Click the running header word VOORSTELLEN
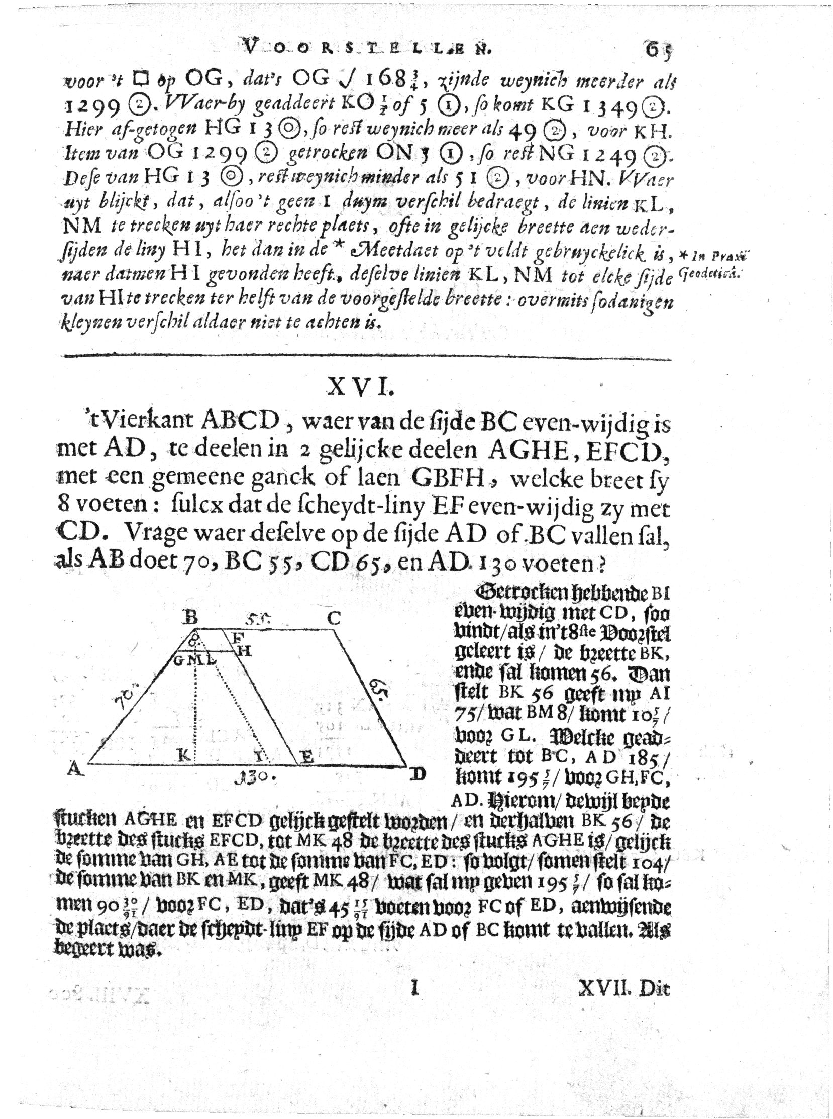click(x=367, y=48)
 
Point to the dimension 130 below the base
click(x=256, y=777)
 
